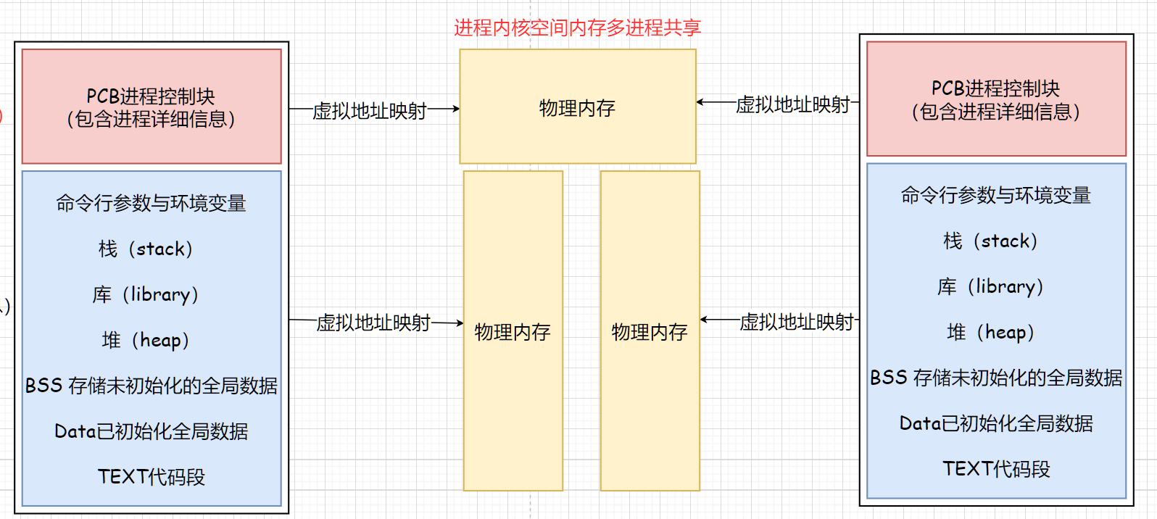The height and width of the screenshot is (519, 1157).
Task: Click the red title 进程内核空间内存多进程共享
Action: (x=577, y=28)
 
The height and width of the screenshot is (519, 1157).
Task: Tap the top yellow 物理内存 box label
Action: (x=577, y=108)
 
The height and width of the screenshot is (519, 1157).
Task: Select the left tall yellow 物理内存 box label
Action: (x=513, y=332)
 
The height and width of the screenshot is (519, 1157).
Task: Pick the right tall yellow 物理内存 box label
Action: (x=650, y=332)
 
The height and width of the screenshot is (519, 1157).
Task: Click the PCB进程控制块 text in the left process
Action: (x=151, y=96)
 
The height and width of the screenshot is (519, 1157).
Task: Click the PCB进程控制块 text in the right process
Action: (x=995, y=88)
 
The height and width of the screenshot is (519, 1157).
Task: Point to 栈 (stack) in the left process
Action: (x=146, y=249)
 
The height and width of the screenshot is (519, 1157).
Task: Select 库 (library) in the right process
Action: (x=990, y=286)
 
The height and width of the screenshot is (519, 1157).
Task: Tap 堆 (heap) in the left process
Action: (x=146, y=340)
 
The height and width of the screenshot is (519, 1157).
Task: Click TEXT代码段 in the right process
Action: (x=996, y=469)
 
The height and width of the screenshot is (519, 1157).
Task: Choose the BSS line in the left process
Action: (x=151, y=386)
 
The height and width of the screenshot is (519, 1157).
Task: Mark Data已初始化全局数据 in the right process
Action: (x=996, y=423)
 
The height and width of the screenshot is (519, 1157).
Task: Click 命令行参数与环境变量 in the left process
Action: (x=151, y=203)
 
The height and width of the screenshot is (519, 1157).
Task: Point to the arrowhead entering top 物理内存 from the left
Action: (x=456, y=109)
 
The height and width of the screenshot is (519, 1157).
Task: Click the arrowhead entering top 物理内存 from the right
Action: (x=700, y=102)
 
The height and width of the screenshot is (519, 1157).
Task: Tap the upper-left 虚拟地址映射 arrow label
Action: (x=370, y=111)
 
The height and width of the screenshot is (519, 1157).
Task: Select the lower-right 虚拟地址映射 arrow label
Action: (x=797, y=322)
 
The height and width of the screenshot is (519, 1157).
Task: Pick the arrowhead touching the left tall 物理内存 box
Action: (x=460, y=323)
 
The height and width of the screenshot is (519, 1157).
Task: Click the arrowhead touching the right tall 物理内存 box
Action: (x=704, y=320)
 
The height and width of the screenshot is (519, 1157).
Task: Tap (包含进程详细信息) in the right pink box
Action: (x=995, y=112)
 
